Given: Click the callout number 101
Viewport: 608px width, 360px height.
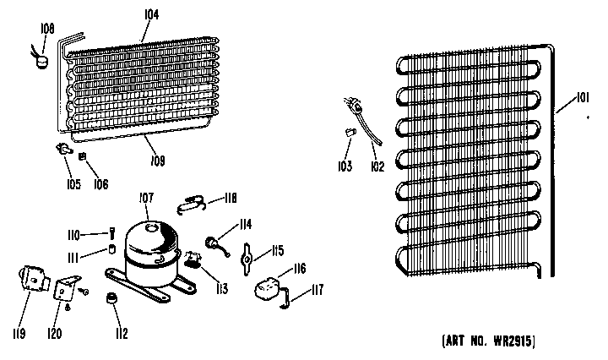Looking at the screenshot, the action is point(583,97).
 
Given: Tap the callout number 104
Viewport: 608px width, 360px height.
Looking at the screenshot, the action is point(152,14).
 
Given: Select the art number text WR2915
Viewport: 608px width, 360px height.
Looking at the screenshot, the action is point(513,341).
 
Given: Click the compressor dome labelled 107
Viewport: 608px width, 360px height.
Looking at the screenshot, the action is point(152,244).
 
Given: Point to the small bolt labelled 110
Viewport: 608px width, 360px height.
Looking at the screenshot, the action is point(112,233).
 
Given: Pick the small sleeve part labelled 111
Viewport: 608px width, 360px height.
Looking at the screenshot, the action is point(112,248).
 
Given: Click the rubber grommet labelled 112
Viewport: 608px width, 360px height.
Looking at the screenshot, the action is point(111,298).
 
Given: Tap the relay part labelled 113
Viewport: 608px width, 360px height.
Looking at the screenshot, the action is point(193,259).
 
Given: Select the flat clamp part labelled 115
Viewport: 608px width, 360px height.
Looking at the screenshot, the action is point(247,259).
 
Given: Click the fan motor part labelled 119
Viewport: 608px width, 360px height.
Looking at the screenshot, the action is point(33,278).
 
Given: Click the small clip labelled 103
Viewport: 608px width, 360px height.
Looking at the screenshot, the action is point(350,132).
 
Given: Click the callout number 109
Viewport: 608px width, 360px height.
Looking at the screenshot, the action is point(158,161).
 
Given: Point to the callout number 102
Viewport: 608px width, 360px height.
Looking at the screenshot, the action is point(377,166).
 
